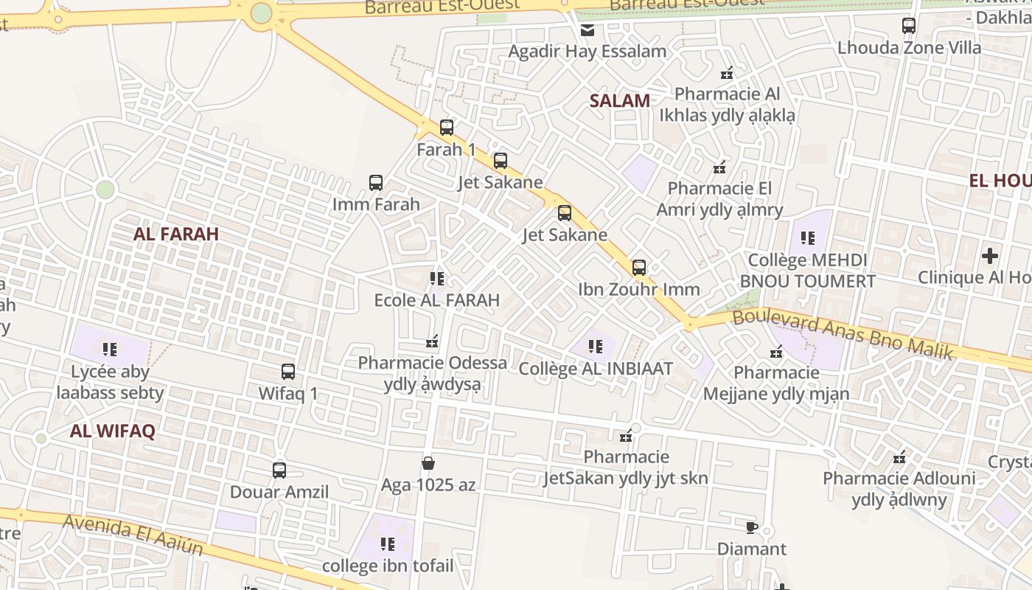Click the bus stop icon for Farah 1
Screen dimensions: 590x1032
pos(446,128)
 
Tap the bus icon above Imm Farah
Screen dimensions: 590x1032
pos(376,183)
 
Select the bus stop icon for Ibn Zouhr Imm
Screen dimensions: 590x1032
pos(639,268)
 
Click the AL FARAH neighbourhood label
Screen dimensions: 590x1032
pos(176,235)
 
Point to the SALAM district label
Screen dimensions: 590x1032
pos(620,101)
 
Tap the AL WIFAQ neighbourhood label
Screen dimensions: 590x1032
pos(113,431)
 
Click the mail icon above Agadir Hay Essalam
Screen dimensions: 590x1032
pos(588,30)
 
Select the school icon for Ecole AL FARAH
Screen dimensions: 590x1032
pos(437,279)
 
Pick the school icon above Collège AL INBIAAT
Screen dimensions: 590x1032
pos(596,346)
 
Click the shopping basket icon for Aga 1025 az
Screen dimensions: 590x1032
pos(428,463)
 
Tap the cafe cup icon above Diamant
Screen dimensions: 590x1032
pos(752,527)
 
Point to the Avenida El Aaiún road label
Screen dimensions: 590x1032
pos(133,535)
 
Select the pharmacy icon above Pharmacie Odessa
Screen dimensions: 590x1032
pos(432,341)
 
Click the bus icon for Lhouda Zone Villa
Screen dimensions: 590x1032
pos(909,26)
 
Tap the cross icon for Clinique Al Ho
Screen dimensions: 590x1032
pos(990,256)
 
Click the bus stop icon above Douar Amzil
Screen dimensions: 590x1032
pos(279,470)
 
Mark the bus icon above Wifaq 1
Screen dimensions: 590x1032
pos(288,372)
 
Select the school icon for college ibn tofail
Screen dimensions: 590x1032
pos(388,544)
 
